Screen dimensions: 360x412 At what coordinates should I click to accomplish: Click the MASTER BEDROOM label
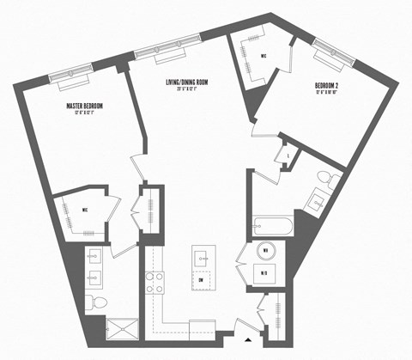coord(85,106)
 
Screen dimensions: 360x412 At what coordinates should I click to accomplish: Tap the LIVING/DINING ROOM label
coord(187,82)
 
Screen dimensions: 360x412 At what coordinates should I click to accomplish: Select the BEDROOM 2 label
coord(328,87)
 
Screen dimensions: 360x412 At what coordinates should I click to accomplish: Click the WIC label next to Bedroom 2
coord(264,56)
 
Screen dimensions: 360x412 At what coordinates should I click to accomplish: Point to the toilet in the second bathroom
coord(324,177)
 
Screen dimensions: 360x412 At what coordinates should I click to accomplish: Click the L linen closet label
coord(285,156)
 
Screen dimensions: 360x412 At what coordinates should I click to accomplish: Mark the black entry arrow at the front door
coord(249,326)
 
